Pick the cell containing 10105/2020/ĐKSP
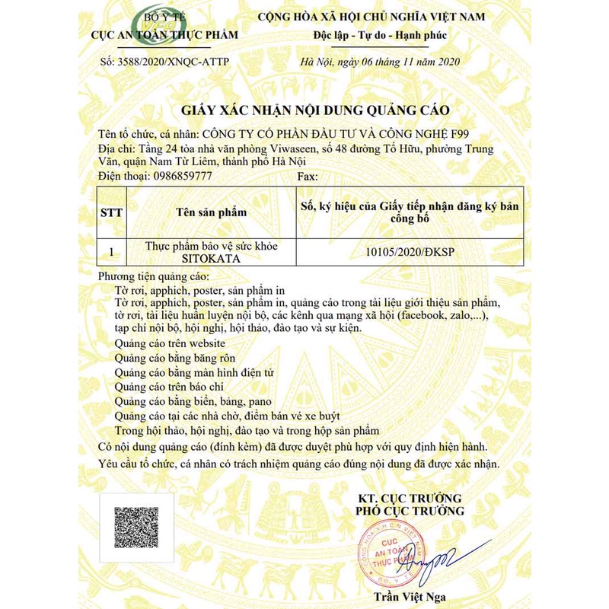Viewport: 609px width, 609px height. pos(410,253)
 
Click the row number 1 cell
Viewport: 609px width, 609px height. pos(112,253)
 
